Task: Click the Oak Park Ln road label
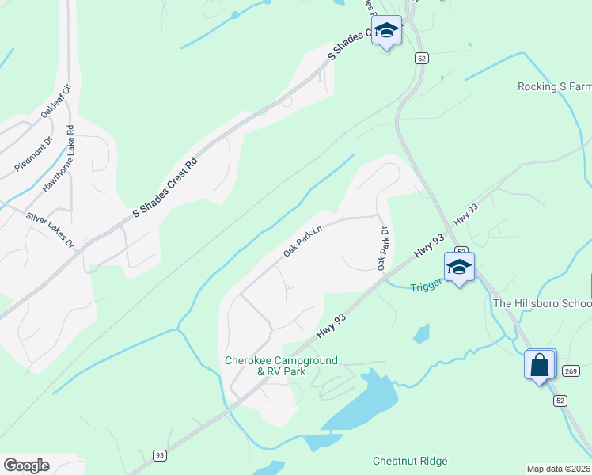pos(304,242)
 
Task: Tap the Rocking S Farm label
pos(554,87)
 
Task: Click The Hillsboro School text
pos(542,303)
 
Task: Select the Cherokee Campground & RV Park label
pos(281,366)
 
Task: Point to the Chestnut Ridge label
pos(410,461)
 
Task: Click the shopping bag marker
pos(540,366)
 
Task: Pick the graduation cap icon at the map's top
pos(387,32)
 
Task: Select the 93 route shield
pos(160,455)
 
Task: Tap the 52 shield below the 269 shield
pos(560,401)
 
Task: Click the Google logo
pos(26,465)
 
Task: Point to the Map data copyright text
pos(559,469)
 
